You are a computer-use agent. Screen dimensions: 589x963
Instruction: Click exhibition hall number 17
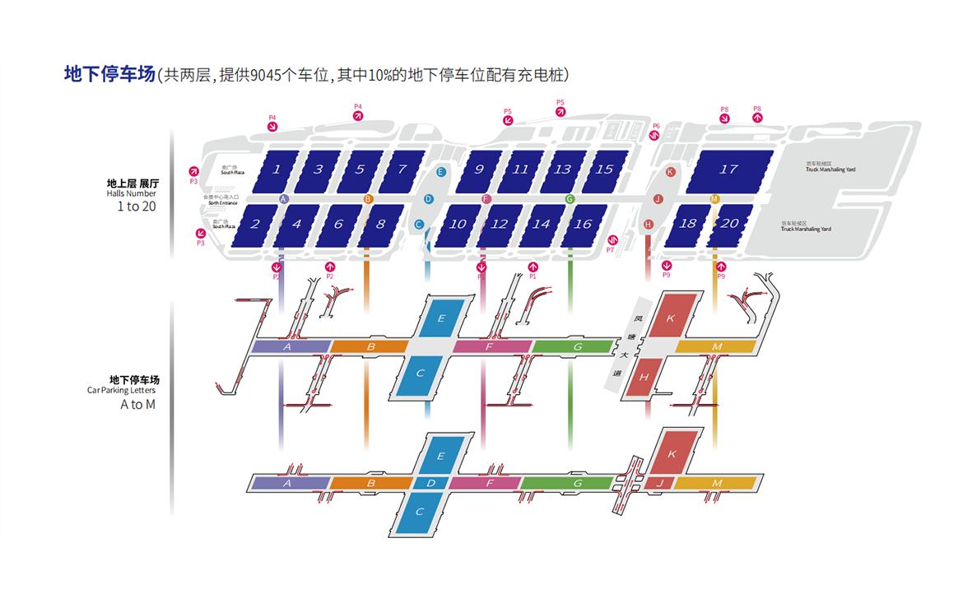coord(728,169)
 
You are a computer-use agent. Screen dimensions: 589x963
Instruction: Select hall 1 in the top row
coord(277,169)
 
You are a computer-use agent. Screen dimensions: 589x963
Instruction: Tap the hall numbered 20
coord(729,224)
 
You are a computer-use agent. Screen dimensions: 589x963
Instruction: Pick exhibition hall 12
coord(500,224)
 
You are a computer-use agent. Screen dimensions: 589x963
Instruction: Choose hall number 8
coord(380,224)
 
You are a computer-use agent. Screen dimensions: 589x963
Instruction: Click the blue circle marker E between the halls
coord(441,172)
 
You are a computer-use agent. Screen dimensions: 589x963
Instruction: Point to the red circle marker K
coord(670,172)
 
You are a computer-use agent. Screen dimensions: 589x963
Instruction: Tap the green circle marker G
coord(570,199)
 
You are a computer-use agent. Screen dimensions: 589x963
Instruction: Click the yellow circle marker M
coord(714,199)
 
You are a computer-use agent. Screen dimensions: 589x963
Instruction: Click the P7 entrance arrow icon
coord(611,240)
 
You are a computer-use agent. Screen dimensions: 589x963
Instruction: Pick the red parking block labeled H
coord(644,377)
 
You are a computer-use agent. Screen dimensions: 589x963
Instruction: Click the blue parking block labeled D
coord(430,483)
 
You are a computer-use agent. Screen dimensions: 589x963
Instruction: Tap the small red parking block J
coord(658,483)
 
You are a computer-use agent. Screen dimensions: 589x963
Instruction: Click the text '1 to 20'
coord(137,206)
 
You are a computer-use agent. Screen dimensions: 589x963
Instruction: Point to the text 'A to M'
coord(137,404)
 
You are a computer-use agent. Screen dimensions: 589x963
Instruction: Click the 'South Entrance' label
coord(223,203)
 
